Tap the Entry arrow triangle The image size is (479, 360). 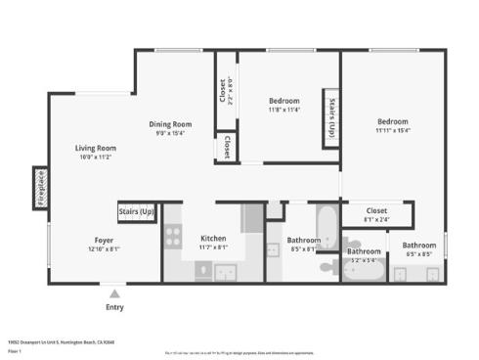[115, 292]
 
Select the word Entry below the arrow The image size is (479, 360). [115, 307]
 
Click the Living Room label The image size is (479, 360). [96, 148]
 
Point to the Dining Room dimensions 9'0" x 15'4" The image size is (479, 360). [170, 133]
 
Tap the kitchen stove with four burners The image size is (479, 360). [173, 236]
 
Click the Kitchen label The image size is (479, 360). [214, 239]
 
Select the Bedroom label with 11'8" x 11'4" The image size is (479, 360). [284, 101]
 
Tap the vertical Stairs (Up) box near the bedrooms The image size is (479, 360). [332, 120]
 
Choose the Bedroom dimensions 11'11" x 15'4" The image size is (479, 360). [392, 130]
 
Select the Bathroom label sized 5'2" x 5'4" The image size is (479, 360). [365, 251]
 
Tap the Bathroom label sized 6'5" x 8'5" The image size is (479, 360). [419, 245]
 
